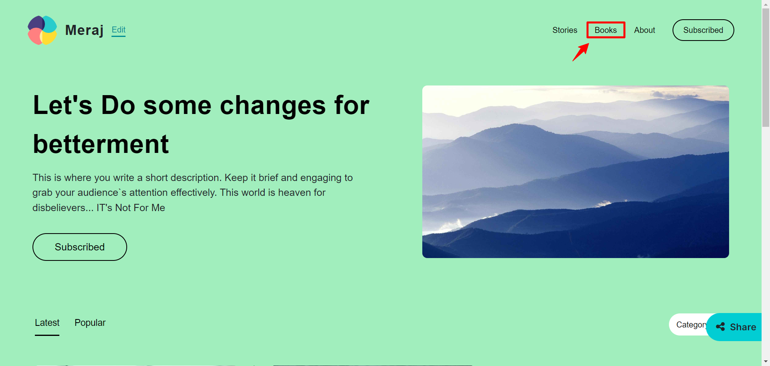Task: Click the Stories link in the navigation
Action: point(565,30)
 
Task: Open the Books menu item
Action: point(606,30)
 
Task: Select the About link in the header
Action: point(644,30)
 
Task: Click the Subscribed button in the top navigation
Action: point(703,30)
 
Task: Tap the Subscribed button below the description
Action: point(80,247)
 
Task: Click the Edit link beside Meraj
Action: point(118,30)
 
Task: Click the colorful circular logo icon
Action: point(42,30)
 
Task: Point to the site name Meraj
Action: point(84,30)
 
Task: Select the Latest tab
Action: point(47,323)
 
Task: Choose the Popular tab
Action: point(90,323)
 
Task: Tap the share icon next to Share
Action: point(720,327)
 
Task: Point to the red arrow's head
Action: point(588,44)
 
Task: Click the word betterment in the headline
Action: point(101,144)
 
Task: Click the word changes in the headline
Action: point(273,105)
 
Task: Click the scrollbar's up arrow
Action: point(766,4)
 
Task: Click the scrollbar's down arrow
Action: point(766,362)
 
